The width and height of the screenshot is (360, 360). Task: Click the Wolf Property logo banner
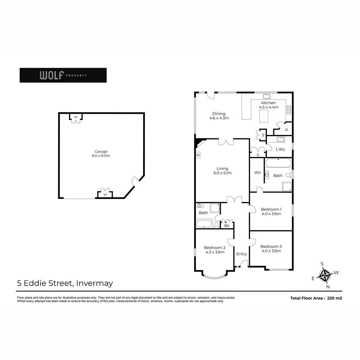pos(63,75)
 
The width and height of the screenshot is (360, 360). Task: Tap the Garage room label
pos(101,154)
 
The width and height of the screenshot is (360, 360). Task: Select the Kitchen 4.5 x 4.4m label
pos(268,105)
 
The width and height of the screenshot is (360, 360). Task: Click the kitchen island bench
pos(264,116)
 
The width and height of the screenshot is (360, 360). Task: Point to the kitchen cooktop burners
pos(289,110)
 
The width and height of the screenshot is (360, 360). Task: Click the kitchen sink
pos(266,96)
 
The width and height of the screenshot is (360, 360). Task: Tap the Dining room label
pos(219,115)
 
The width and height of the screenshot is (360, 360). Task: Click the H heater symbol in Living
pos(198,155)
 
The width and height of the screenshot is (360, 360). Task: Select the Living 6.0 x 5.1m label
pos(223,171)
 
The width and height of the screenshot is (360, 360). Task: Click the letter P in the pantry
pos(286,130)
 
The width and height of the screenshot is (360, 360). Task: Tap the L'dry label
pos(280,149)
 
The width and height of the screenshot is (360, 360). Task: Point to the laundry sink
pos(280,139)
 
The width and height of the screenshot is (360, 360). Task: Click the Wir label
pos(257,172)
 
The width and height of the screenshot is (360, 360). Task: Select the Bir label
pos(227,226)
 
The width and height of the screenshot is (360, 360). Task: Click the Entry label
pos(241,254)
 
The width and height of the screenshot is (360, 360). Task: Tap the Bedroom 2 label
pos(215,250)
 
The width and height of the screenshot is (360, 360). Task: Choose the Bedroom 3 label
pos(271,248)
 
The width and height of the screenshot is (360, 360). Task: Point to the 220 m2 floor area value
pos(334,298)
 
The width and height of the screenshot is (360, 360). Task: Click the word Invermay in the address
pos(94,283)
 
